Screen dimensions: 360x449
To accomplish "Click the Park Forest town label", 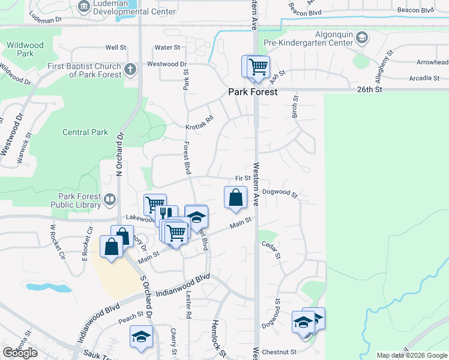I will pyautogui.click(x=252, y=92).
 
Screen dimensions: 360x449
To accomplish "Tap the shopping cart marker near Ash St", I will pyautogui.click(x=258, y=66).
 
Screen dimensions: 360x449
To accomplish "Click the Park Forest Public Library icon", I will pyautogui.click(x=109, y=199).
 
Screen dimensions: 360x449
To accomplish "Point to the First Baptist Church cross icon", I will pyautogui.click(x=130, y=70).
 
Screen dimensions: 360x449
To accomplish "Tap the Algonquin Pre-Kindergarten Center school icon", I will pyautogui.click(x=361, y=38).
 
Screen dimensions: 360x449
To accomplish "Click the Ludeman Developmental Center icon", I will pyautogui.click(x=84, y=7).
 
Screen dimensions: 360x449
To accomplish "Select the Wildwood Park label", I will pyautogui.click(x=25, y=49).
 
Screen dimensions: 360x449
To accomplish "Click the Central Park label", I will pyautogui.click(x=85, y=132).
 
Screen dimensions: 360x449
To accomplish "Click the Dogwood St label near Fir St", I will pyautogui.click(x=280, y=194).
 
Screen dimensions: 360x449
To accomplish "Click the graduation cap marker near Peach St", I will pyautogui.click(x=141, y=337).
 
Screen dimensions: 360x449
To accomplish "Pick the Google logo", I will pyautogui.click(x=20, y=353).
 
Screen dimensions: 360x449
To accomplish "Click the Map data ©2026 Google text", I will pyautogui.click(x=411, y=355).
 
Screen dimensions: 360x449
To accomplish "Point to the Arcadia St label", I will pyautogui.click(x=424, y=78).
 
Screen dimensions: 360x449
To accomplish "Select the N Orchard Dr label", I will pyautogui.click(x=119, y=155).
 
